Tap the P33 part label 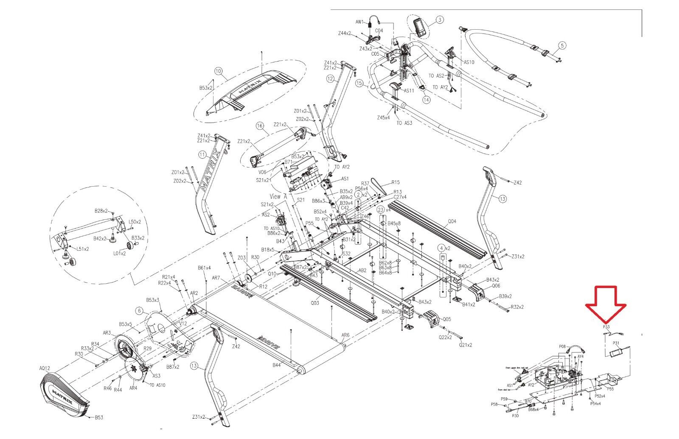(606, 327)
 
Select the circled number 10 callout (219, 71)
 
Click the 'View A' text (278, 196)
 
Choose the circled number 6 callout (139, 310)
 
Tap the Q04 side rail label (452, 221)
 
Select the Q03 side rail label (314, 303)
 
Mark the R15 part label (396, 182)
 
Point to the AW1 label (359, 22)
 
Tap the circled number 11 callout (202, 154)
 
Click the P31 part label (616, 343)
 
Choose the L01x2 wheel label (119, 253)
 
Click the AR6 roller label (346, 335)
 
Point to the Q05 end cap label (446, 319)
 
